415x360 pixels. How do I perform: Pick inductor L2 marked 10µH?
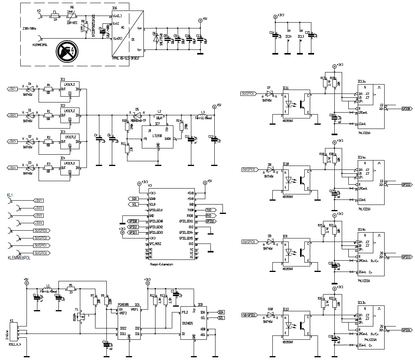point(159,115)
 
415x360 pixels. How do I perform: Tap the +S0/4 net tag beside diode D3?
point(12,168)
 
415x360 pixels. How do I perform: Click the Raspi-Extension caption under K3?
point(162,264)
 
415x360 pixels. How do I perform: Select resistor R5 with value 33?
point(71,289)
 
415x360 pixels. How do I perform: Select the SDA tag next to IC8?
point(221,312)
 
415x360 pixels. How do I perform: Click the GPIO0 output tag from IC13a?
point(406,109)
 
